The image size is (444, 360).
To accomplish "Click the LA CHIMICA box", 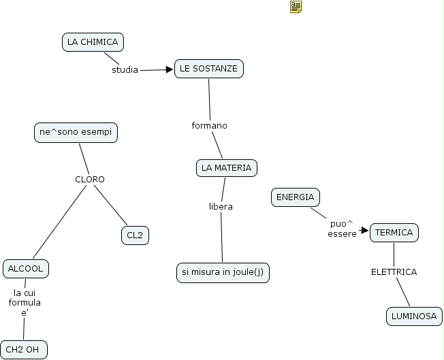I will tap(93, 42).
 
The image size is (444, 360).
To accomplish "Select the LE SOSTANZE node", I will tap(208, 69).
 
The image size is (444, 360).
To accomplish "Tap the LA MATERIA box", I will tap(227, 167).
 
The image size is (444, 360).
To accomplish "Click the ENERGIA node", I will tap(296, 197).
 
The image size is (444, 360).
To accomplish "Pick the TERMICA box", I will tap(394, 233).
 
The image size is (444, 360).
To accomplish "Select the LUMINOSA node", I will tap(413, 316).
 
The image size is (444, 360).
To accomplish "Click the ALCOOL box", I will tap(26, 269).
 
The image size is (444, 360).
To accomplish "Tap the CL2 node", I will tap(135, 235).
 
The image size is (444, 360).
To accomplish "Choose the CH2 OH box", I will tap(24, 350).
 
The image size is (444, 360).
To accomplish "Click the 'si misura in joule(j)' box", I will tap(223, 272).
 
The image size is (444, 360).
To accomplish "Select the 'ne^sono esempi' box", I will tap(76, 133).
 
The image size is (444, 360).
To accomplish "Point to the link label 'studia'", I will tap(125, 69).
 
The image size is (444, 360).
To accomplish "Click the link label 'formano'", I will tap(209, 126).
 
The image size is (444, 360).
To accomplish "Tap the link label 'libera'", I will tap(221, 206).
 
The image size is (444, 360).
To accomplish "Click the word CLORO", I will tap(90, 180).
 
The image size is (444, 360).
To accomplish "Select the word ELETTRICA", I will tap(394, 272).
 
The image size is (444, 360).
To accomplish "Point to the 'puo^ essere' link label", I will tap(342, 229).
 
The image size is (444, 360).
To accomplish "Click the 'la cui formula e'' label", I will tap(25, 302).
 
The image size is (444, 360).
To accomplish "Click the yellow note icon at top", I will tap(296, 7).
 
